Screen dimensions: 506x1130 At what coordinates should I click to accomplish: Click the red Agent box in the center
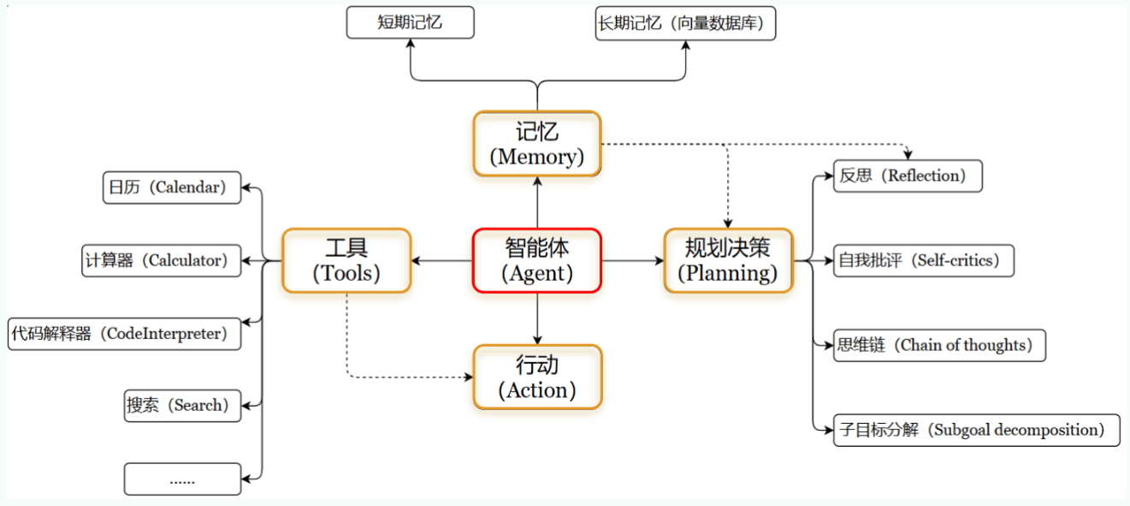click(x=536, y=260)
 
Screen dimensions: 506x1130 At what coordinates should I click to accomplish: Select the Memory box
click(x=536, y=144)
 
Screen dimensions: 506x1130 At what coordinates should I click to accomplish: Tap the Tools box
click(x=346, y=260)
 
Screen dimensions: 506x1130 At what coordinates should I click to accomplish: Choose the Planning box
click(x=728, y=260)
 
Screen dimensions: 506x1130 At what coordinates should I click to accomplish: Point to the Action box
click(x=536, y=377)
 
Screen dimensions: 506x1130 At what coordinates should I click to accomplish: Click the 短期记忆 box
click(x=410, y=22)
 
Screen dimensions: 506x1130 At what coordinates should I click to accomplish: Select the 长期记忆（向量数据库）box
click(x=686, y=22)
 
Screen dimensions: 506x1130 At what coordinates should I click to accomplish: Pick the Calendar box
click(x=172, y=188)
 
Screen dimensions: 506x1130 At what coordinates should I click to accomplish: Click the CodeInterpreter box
click(x=124, y=333)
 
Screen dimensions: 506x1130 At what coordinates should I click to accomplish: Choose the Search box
click(x=182, y=405)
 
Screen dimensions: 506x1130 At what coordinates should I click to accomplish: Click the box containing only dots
click(x=182, y=479)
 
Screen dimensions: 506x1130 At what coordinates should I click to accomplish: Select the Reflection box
click(x=908, y=176)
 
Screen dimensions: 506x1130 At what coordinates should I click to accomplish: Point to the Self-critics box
click(x=924, y=260)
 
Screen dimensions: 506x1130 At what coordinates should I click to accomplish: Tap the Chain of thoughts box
click(x=939, y=345)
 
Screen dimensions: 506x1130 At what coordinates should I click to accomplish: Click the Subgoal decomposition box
click(x=976, y=429)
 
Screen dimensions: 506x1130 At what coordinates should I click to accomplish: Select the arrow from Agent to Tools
click(x=441, y=260)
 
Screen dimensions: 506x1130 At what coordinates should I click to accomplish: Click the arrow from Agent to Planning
click(x=633, y=260)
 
